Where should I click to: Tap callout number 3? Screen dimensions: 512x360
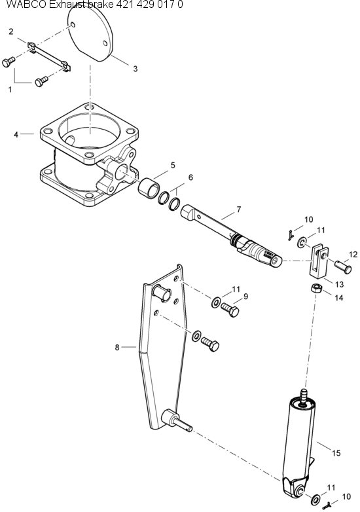[135, 68]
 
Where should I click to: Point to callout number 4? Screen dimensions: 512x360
[16, 134]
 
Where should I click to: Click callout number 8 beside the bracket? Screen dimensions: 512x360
[117, 347]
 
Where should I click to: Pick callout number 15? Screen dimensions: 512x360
[336, 452]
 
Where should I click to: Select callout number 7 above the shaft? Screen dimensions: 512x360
[238, 210]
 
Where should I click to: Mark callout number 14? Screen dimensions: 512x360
[338, 297]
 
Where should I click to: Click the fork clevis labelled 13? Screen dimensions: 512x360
[319, 260]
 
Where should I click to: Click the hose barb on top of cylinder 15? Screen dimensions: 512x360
[303, 395]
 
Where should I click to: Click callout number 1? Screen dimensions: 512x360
[10, 90]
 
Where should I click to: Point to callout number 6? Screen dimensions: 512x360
[190, 177]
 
